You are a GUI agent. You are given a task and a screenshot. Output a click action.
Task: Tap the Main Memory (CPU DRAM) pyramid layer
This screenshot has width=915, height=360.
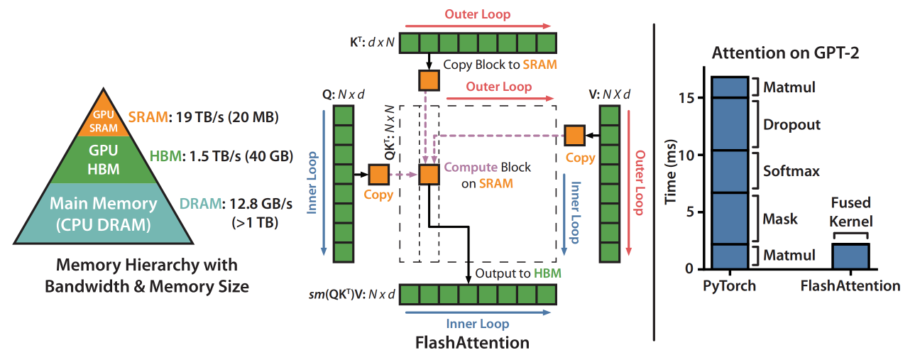coord(104,211)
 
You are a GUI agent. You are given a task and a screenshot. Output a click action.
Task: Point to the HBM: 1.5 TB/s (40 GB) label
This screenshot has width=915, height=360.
coord(222,156)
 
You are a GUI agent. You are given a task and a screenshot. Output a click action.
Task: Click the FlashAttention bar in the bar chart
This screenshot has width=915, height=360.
coord(850,256)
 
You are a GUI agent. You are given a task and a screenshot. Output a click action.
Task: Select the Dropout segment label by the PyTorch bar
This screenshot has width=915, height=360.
coord(791,125)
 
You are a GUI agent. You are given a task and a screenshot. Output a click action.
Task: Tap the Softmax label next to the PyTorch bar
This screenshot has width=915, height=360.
coord(791,171)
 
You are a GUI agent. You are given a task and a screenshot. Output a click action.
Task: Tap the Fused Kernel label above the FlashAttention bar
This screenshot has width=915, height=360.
coord(850,211)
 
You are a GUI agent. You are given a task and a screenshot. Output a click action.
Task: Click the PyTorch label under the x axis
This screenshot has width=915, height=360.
coord(729,286)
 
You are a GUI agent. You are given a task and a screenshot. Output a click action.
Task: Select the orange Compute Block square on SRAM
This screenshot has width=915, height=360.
coord(429,175)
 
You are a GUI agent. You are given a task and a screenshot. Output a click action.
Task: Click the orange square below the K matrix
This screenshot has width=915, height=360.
coord(429,80)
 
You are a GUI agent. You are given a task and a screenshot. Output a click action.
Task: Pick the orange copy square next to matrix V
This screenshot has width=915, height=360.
coord(574,134)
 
